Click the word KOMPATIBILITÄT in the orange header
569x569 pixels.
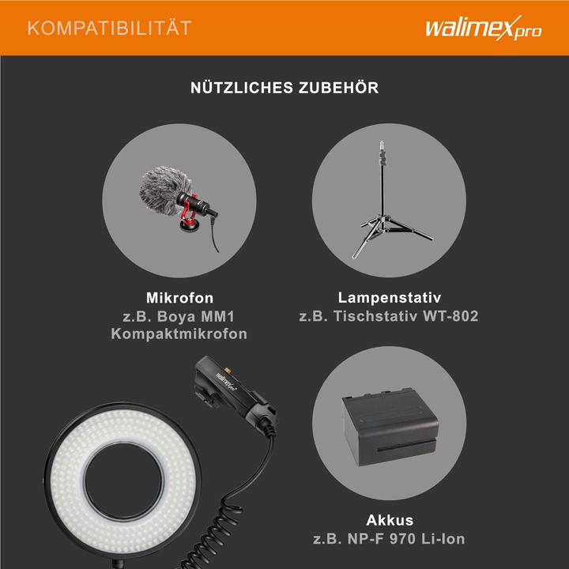109,28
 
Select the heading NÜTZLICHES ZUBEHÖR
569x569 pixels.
284,88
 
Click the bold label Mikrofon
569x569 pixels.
180,299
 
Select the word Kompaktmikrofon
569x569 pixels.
180,334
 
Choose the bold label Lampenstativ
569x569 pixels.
388,299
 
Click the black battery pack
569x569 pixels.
389,427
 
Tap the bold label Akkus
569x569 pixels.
390,521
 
